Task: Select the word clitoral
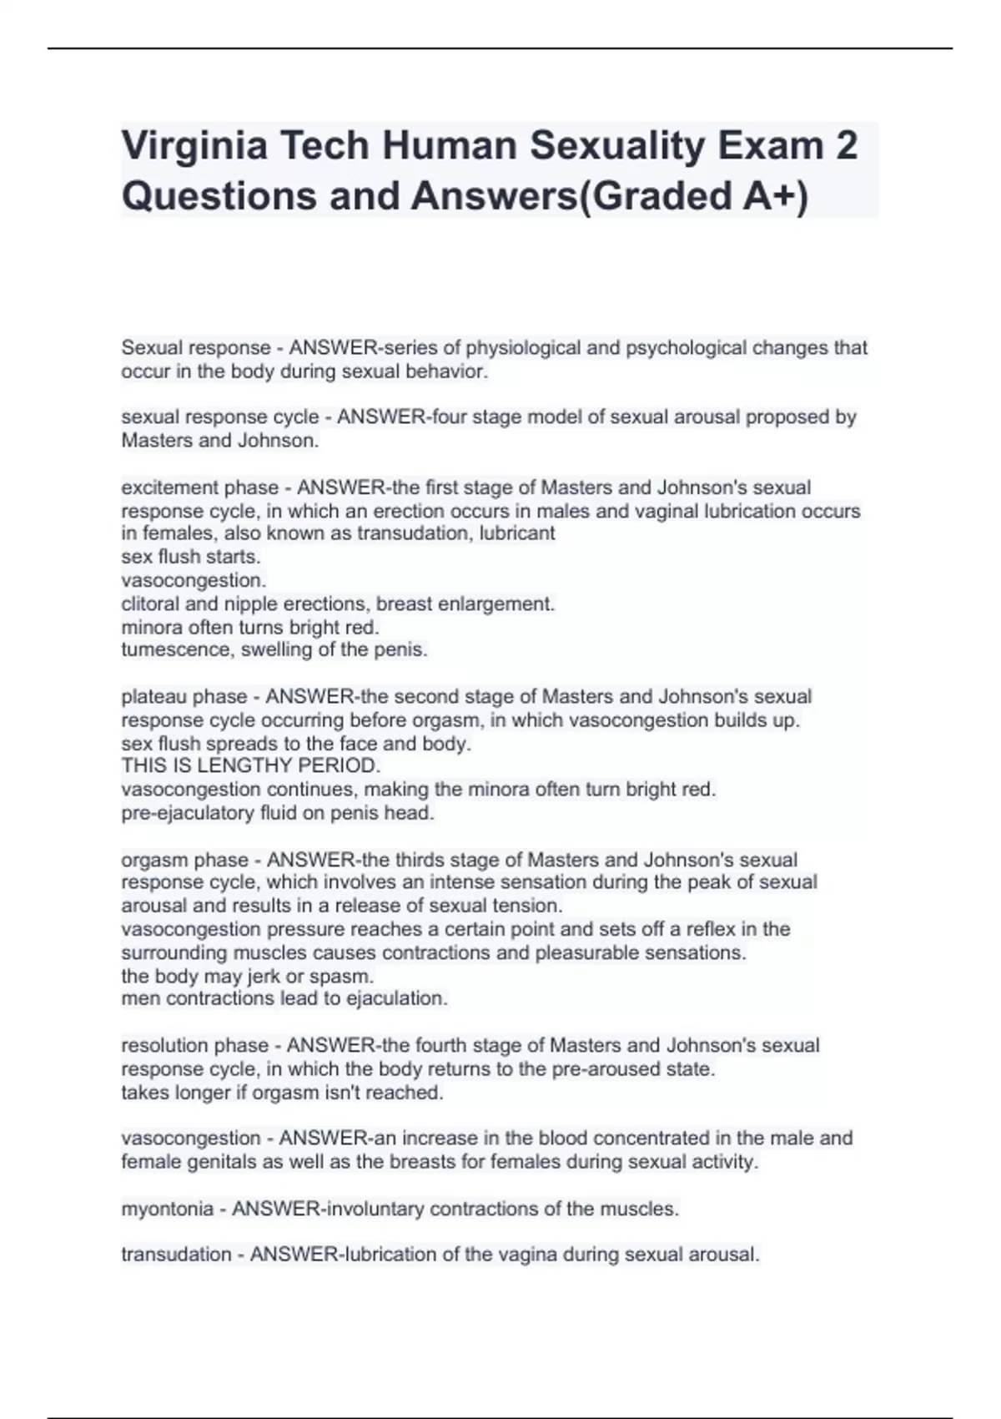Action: (152, 603)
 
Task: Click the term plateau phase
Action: (184, 697)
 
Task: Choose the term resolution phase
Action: (195, 1046)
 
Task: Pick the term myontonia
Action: (167, 1209)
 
